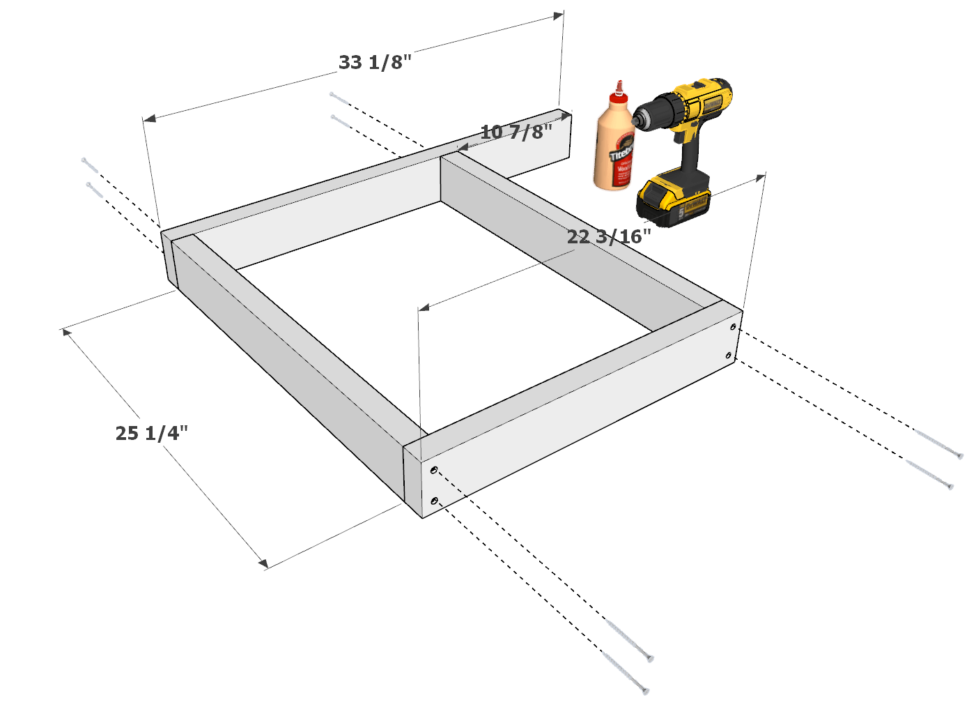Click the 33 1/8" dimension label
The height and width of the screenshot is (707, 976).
click(375, 62)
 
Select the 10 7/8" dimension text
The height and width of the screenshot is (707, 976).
click(516, 131)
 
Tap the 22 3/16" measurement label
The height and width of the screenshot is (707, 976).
click(609, 237)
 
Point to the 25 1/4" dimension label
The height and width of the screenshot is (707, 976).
click(152, 433)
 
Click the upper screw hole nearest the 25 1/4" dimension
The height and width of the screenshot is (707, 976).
click(434, 471)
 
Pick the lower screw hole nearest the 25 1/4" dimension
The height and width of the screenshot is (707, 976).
click(435, 501)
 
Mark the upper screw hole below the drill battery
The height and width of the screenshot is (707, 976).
click(733, 326)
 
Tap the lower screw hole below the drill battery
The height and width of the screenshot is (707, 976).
click(729, 356)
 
